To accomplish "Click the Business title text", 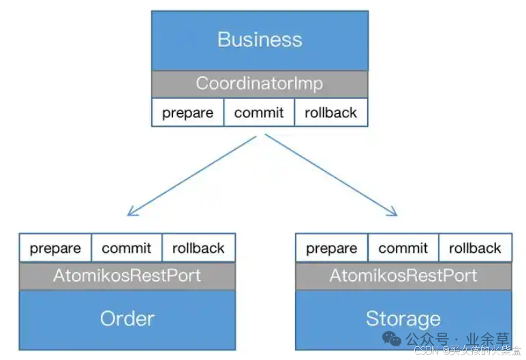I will pos(259,39).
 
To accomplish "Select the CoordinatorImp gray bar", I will pos(259,84).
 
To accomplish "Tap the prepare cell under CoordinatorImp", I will pos(187,112).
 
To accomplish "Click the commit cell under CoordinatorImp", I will pos(259,112).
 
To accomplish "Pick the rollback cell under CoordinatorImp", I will pos(331,112).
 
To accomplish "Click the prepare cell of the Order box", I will pos(55,248).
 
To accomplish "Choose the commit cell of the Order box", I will pos(127,248).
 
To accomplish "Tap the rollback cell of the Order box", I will pos(198,248).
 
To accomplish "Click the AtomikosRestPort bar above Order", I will pos(127,276).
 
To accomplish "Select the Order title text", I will pos(127,318).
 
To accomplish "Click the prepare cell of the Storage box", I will pos(331,248).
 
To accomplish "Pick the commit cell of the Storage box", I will pos(403,248).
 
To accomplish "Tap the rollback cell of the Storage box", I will pos(475,248).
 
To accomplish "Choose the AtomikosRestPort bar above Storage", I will pos(403,276).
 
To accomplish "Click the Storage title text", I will pos(403,318).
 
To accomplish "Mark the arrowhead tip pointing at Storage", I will pos(397,215).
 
